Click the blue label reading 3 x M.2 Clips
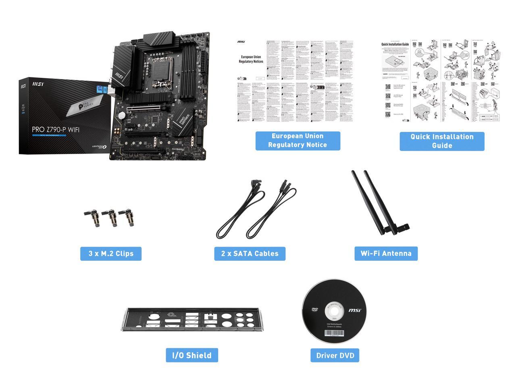click(111, 254)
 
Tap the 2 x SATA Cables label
click(250, 254)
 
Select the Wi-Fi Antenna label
click(386, 254)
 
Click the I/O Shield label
click(192, 355)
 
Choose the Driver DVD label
click(335, 355)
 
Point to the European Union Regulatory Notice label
click(298, 141)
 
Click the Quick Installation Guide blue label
click(442, 141)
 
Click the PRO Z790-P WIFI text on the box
click(56, 129)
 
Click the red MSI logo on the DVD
click(355, 310)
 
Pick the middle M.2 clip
click(110, 218)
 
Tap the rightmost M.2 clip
click(129, 217)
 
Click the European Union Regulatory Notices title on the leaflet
click(251, 59)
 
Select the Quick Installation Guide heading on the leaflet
click(395, 44)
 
